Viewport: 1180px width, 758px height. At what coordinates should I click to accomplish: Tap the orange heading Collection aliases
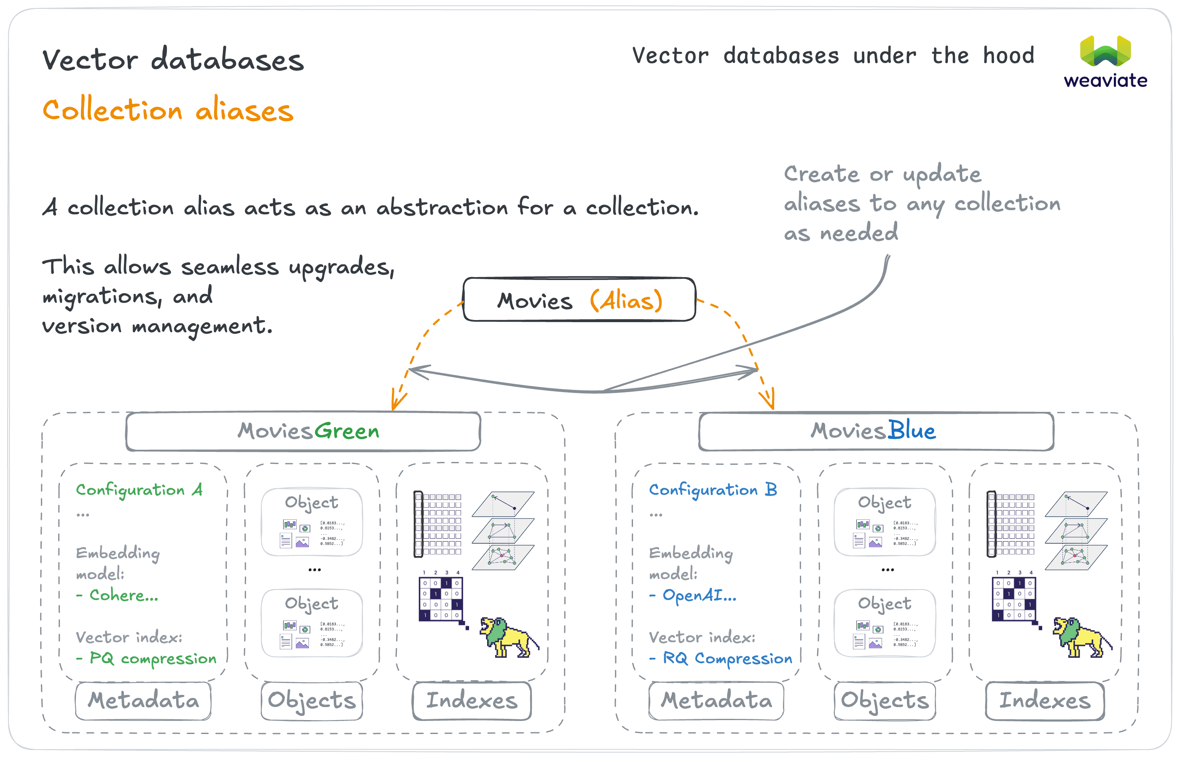click(x=168, y=110)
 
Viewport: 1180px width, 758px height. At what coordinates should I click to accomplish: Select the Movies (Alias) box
click(x=579, y=300)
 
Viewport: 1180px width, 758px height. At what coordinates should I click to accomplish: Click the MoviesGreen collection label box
click(x=303, y=431)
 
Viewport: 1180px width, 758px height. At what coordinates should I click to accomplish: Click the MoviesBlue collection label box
click(x=876, y=431)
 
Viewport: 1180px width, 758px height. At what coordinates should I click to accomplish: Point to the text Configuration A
click(x=139, y=490)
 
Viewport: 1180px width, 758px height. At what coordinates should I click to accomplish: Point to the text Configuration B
click(x=713, y=490)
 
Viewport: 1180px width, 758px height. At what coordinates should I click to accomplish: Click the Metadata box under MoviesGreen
click(x=143, y=700)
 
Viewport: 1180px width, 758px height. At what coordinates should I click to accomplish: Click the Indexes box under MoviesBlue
click(x=1045, y=700)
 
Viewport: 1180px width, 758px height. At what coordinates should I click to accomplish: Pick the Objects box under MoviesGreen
click(x=312, y=700)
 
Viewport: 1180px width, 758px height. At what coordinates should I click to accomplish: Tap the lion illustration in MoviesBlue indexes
click(x=1081, y=638)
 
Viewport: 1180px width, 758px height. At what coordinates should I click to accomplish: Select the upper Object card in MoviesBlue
click(x=885, y=522)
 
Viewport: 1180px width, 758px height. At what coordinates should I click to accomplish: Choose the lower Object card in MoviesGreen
click(x=312, y=623)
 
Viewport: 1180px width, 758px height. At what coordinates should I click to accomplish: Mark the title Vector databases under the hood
click(x=833, y=56)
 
